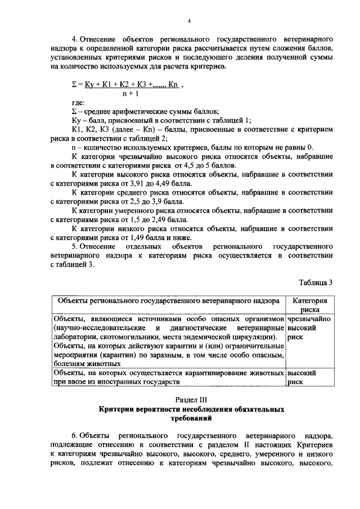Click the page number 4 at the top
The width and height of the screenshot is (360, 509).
coord(190,21)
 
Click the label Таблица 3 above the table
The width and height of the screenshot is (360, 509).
coord(315,282)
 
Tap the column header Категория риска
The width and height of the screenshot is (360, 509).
coord(310,304)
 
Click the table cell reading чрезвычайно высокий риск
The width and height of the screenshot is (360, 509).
coord(309,328)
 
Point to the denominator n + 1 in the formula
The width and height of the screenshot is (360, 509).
coord(130,93)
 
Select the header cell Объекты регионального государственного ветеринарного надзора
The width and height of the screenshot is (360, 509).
coord(168,300)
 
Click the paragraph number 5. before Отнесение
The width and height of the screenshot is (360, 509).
coord(75,247)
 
